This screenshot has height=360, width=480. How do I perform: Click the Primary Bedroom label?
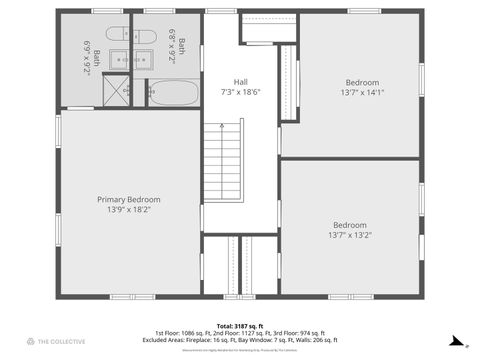click(x=128, y=200)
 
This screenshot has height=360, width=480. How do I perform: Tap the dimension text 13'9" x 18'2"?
click(x=128, y=210)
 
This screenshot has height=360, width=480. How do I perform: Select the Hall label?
click(x=240, y=82)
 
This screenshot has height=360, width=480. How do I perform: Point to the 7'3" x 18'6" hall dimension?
click(x=240, y=92)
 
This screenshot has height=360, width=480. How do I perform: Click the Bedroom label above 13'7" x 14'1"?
click(x=363, y=82)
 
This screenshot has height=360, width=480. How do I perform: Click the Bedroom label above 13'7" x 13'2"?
click(x=350, y=225)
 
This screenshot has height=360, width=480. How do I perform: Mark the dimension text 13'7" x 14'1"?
click(x=363, y=92)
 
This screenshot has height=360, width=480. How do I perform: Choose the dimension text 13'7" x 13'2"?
click(x=350, y=236)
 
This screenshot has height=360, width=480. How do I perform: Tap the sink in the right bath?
click(x=140, y=57)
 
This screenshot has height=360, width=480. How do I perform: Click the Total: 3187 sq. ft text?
click(x=239, y=326)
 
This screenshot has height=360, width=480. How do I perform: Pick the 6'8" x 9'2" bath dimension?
click(x=177, y=44)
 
